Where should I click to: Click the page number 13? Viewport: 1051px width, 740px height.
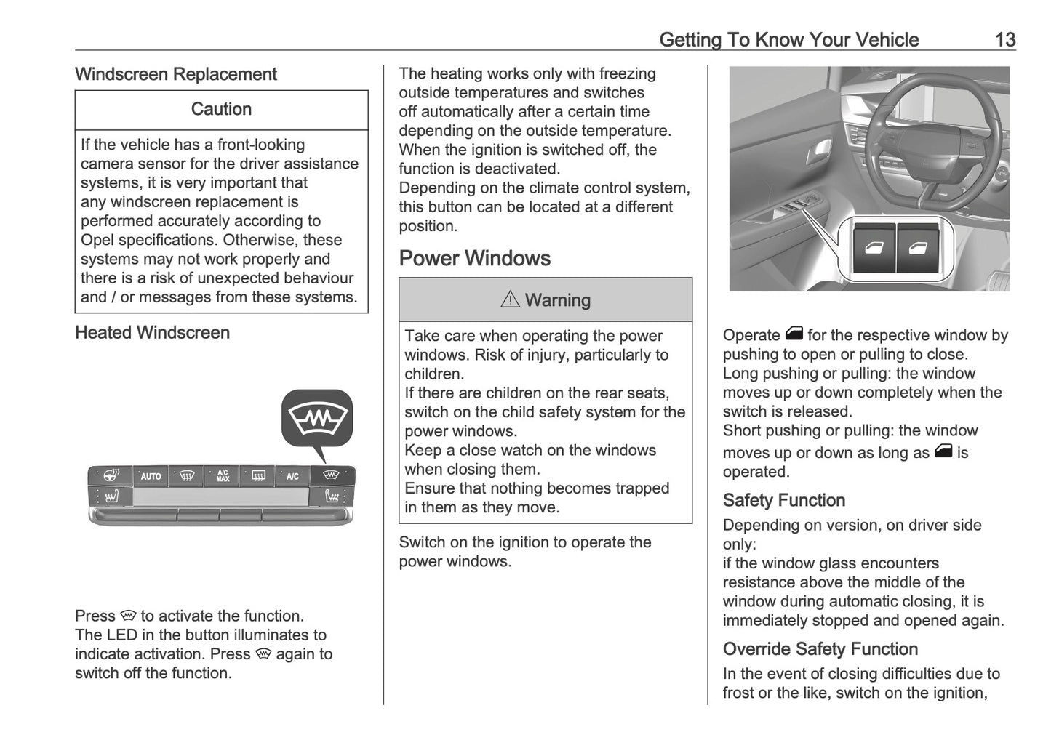point(1004,39)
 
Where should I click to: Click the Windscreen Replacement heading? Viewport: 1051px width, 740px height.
point(175,74)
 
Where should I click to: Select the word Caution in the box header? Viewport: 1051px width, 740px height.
point(221,109)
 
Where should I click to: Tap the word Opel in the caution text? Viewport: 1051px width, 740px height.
point(97,240)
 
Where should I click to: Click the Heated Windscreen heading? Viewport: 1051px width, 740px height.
point(152,332)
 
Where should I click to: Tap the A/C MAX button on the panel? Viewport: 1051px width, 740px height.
point(223,476)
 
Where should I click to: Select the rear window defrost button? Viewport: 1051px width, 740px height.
point(258,476)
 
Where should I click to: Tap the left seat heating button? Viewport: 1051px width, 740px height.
point(111,497)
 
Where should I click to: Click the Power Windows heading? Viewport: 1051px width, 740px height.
point(474,258)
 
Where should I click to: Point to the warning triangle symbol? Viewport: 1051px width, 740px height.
point(510,299)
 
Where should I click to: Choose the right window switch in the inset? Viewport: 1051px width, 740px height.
point(918,248)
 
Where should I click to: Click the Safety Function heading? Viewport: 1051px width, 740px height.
point(783,500)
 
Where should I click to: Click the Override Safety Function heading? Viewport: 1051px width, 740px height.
point(820,648)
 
